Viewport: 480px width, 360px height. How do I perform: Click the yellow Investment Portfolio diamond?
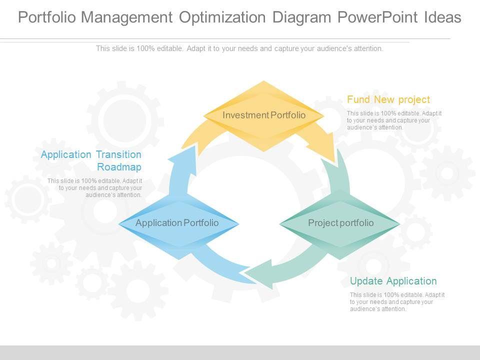[263, 115]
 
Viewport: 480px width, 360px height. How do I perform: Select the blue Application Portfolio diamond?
[177, 223]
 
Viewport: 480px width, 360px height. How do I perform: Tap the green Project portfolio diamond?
[340, 223]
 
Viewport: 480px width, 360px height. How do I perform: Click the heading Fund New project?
[388, 99]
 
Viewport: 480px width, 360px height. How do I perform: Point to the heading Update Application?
[393, 281]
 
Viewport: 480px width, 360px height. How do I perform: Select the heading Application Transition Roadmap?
[91, 160]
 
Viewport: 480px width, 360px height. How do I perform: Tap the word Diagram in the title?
[302, 17]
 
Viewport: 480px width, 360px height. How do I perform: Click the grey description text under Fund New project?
[394, 120]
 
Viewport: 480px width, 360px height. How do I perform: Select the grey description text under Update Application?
[397, 302]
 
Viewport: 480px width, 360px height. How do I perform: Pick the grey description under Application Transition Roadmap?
[95, 188]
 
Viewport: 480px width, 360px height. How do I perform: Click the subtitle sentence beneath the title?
[239, 48]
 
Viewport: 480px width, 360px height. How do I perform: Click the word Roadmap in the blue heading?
[119, 167]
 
